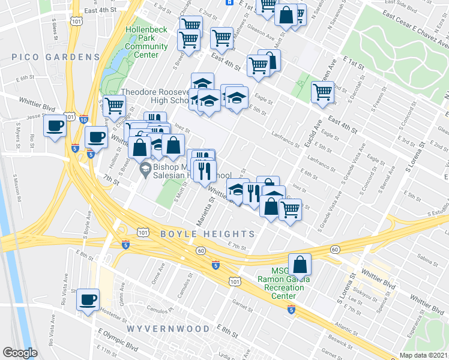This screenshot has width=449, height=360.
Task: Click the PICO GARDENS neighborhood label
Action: tap(55, 57)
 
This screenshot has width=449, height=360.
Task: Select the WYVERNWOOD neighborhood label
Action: tap(168, 329)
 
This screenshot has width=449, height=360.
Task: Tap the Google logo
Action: tap(20, 353)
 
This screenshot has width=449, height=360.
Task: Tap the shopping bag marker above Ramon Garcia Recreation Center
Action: tap(300, 263)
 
